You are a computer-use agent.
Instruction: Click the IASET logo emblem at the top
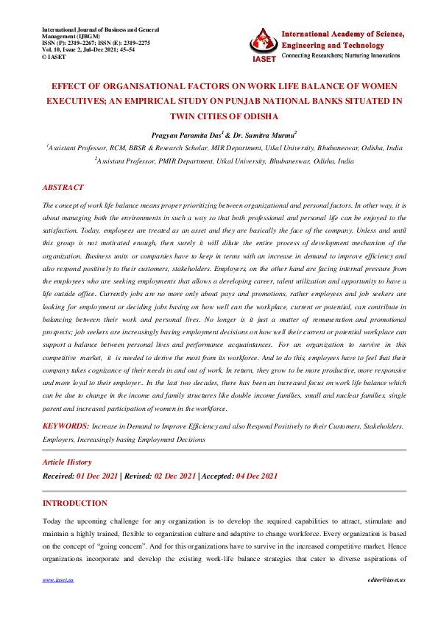tap(264, 43)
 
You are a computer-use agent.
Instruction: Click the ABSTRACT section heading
tap(63, 188)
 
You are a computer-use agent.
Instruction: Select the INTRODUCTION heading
tap(74, 503)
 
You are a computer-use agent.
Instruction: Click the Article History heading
tap(67, 462)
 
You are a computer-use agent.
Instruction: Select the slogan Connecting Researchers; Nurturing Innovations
tap(344, 56)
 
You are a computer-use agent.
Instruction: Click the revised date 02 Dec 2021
tap(175, 476)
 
